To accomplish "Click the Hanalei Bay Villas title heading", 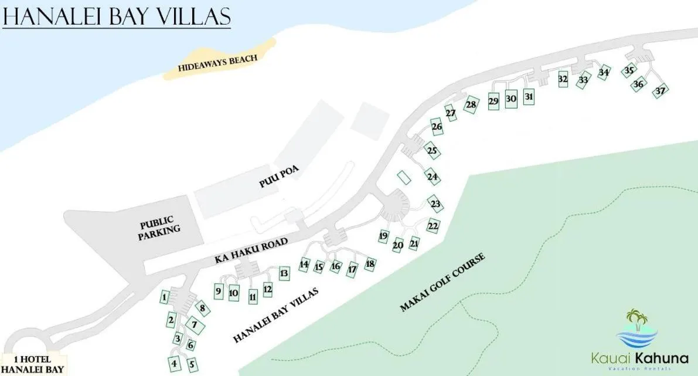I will pos(116,17).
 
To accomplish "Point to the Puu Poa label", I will pos(279,176).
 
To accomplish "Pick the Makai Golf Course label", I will pos(442,282).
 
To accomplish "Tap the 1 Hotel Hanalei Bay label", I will pos(33,365).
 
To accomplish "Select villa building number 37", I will pos(660,91).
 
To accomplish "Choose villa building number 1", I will pos(165,297).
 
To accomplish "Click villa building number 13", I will pos(284,273).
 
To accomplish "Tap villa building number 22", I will pos(433,226).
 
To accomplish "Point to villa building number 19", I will pos(384,236).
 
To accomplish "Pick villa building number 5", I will pos(192,364).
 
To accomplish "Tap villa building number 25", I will pos(432,151).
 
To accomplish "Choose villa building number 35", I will pos(629,70).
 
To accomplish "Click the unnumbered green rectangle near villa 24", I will pos(404,177).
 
